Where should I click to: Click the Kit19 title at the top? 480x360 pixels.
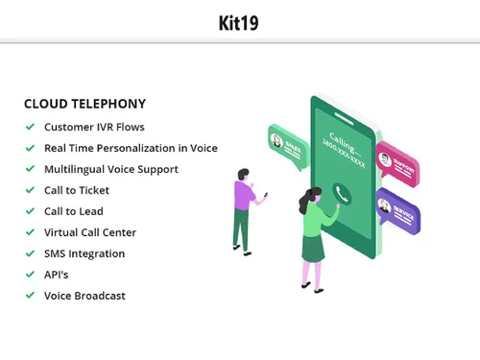click(x=238, y=20)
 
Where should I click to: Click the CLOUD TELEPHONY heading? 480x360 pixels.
click(x=84, y=104)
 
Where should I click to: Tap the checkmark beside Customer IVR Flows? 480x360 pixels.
click(x=31, y=127)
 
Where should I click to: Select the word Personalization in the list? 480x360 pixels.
click(x=144, y=148)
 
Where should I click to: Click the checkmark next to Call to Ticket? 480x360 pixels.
click(x=31, y=190)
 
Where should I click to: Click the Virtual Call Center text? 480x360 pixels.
click(x=90, y=232)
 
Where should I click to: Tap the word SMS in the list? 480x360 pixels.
click(x=55, y=253)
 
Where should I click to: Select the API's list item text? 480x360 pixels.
click(x=57, y=275)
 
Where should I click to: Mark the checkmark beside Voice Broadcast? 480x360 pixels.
click(x=31, y=296)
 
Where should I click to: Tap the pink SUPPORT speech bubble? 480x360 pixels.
click(x=397, y=160)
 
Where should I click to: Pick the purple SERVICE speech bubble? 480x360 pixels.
click(x=397, y=208)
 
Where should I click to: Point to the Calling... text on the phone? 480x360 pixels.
click(x=344, y=137)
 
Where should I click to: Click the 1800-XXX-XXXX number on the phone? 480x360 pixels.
click(x=347, y=151)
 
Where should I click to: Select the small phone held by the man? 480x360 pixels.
click(x=265, y=195)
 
